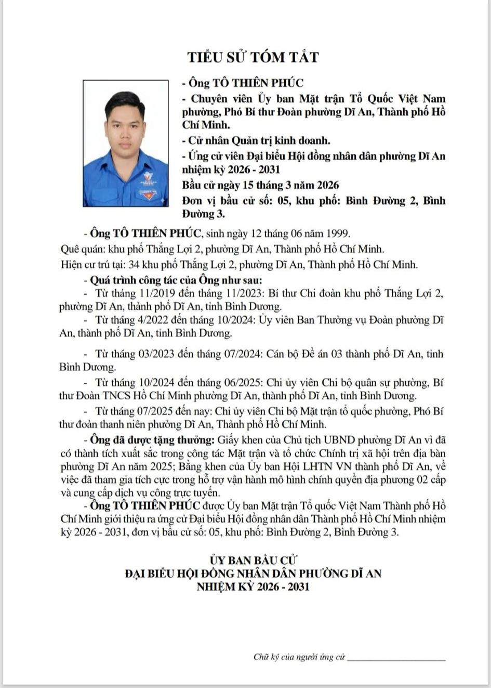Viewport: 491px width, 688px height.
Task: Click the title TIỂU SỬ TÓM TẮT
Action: [x=253, y=57]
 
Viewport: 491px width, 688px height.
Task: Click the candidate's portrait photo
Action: [x=126, y=143]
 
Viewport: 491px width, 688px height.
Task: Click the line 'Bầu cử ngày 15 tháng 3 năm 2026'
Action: [x=260, y=185]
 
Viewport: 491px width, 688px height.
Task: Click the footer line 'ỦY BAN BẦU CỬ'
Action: [x=253, y=560]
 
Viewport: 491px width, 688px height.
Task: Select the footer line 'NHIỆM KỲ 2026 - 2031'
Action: [x=253, y=587]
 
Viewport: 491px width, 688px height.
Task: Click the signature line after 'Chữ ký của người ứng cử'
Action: [x=396, y=659]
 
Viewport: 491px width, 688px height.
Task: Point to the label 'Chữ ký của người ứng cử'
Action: [x=299, y=657]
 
